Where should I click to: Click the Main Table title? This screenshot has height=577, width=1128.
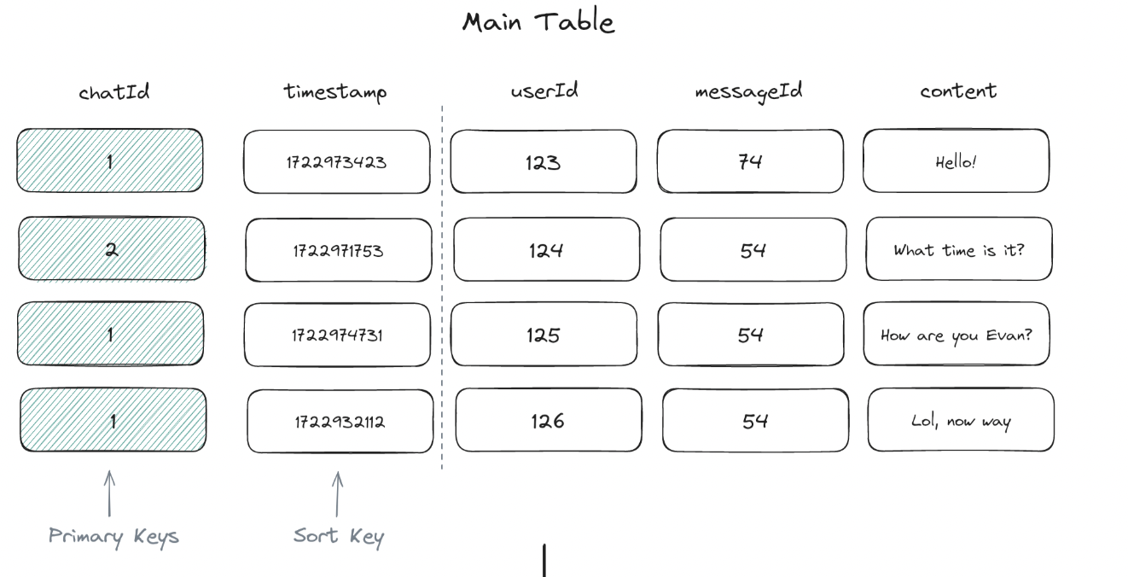(x=538, y=22)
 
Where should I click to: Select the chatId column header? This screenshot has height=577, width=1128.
(x=114, y=91)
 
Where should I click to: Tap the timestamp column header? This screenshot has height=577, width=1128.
(x=335, y=92)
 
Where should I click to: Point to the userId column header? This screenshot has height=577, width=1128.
(x=544, y=90)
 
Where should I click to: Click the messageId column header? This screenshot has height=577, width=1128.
(x=749, y=91)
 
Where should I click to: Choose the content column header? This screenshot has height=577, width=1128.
(x=958, y=91)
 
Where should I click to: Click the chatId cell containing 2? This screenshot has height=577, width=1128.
(x=112, y=248)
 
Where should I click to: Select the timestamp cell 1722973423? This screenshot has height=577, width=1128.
(x=337, y=162)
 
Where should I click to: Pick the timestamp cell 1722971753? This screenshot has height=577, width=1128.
(x=339, y=250)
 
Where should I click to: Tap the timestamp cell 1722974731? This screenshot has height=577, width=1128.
(x=337, y=335)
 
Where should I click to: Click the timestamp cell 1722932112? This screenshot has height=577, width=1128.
(x=340, y=421)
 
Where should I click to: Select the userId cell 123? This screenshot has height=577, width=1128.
(x=544, y=161)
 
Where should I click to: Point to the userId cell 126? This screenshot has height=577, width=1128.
(x=549, y=420)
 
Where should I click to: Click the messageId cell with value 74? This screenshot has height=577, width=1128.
(x=750, y=160)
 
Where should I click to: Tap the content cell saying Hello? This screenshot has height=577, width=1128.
(x=956, y=160)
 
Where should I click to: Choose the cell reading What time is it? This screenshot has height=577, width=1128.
(x=959, y=249)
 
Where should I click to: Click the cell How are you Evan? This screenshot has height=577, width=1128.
(x=956, y=334)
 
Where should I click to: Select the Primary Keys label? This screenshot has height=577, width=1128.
(x=113, y=537)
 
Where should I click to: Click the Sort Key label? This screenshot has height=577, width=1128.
(x=339, y=537)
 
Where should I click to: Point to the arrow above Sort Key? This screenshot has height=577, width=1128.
(x=337, y=494)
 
